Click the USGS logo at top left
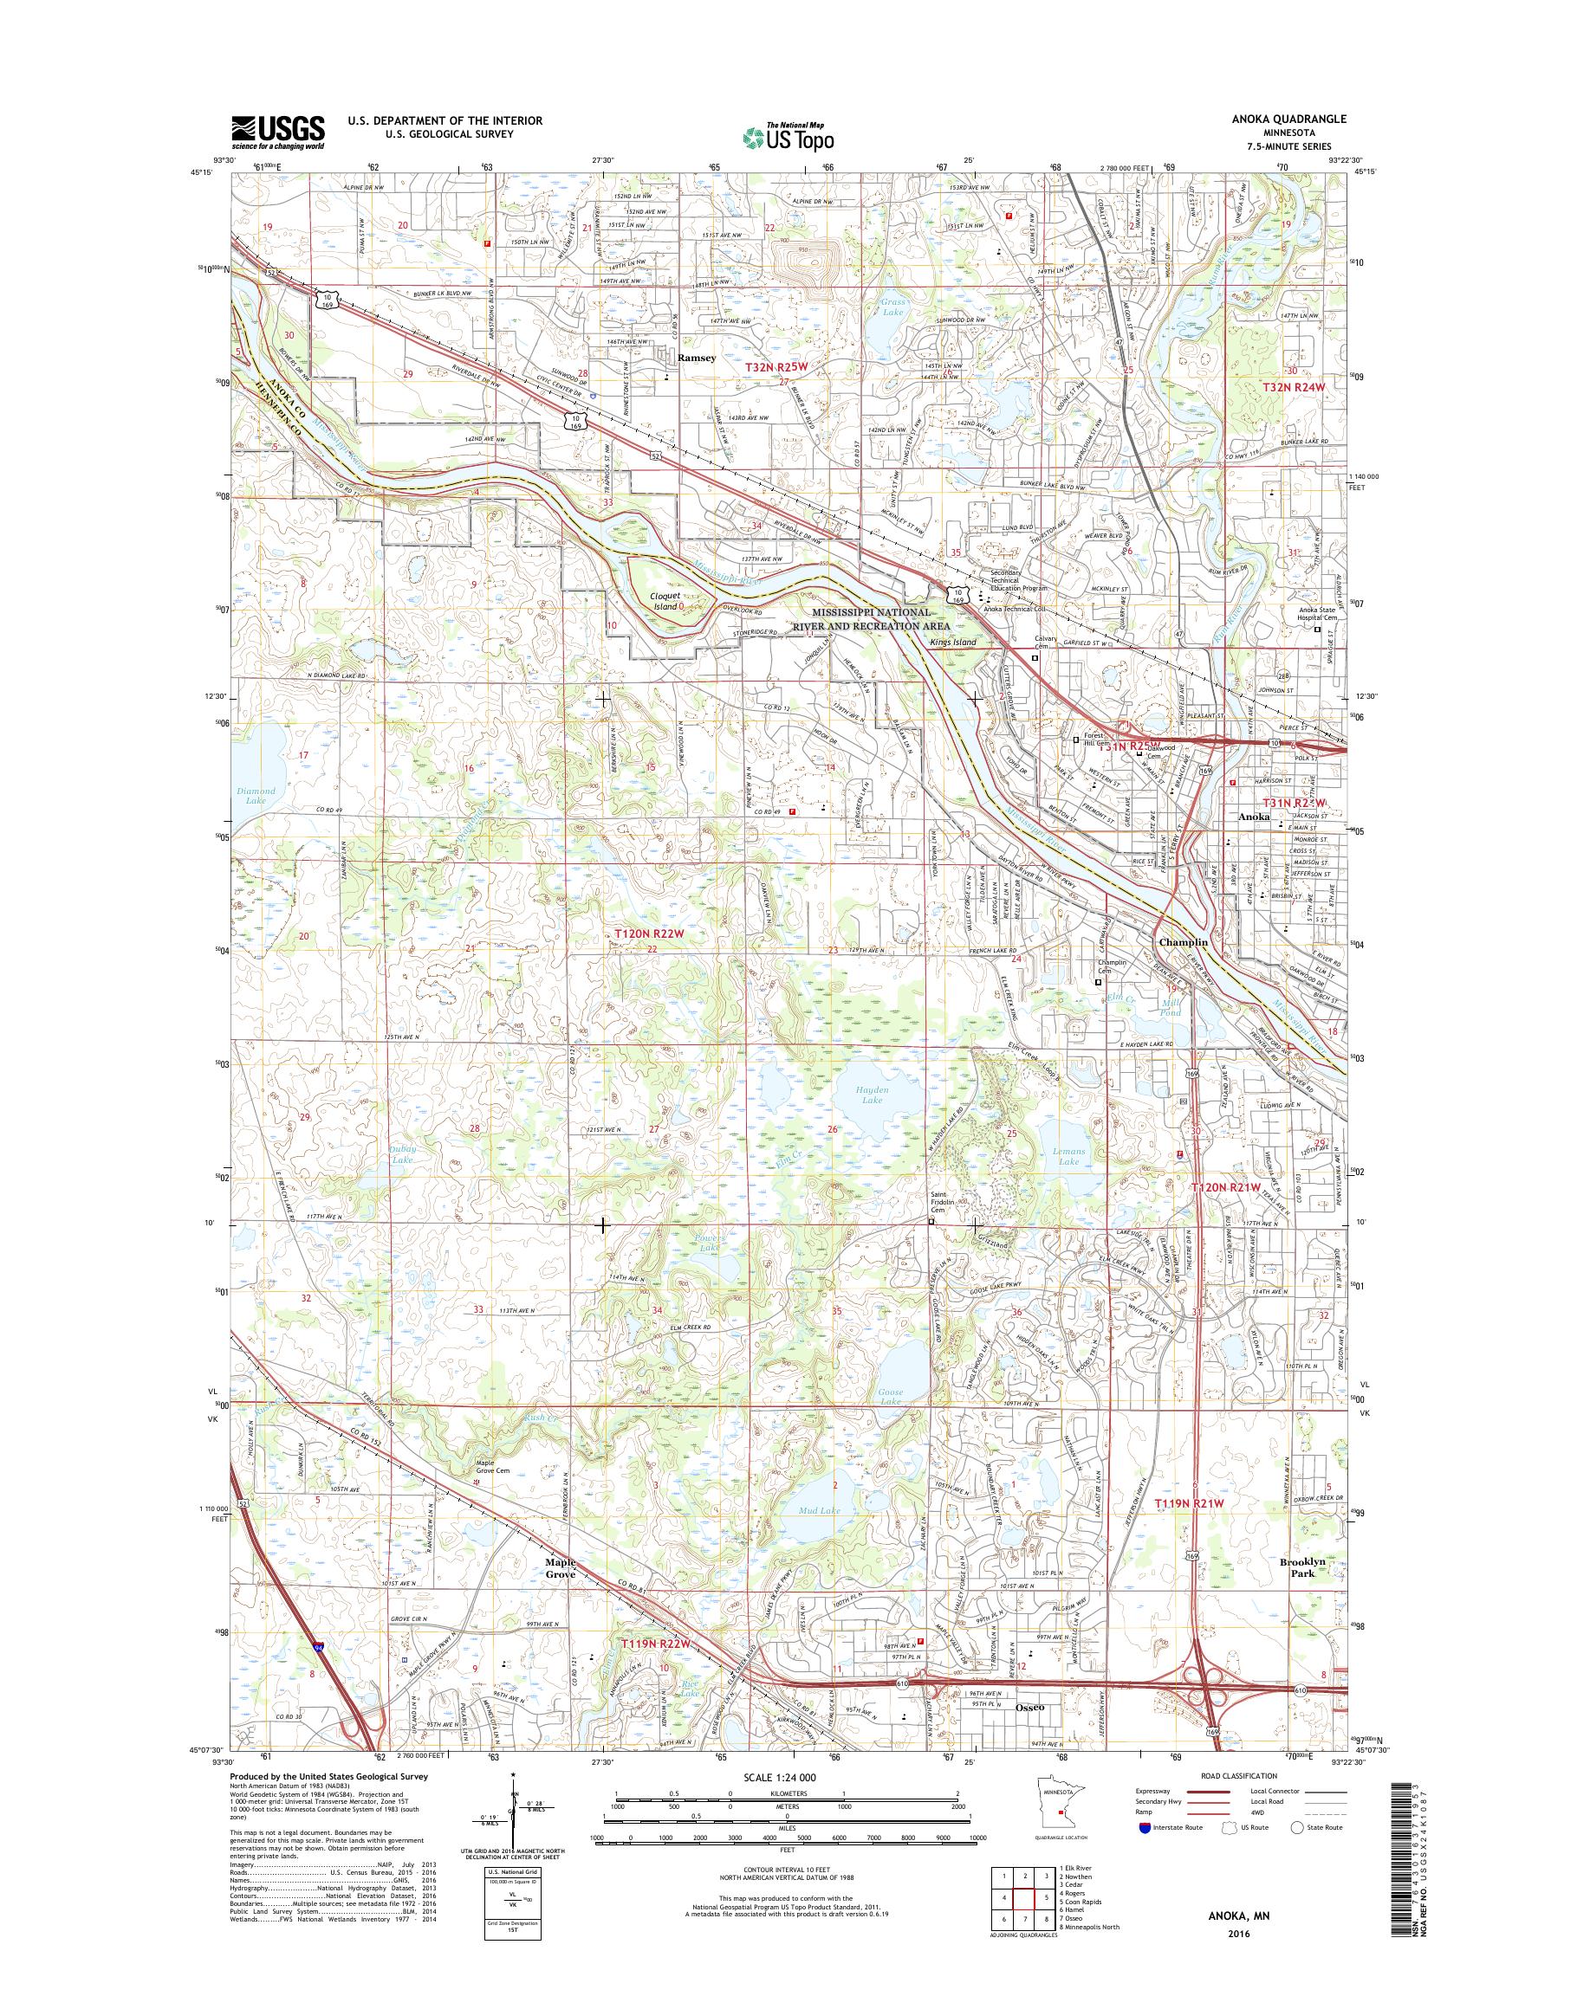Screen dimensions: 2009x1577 click(x=277, y=132)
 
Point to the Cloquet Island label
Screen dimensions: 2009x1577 click(x=666, y=601)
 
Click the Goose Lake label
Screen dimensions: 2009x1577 click(x=891, y=1396)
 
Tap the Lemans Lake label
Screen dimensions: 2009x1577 click(x=1068, y=1156)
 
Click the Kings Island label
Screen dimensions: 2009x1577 click(x=953, y=642)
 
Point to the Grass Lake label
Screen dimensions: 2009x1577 click(x=892, y=307)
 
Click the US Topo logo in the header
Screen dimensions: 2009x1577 click(x=788, y=137)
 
